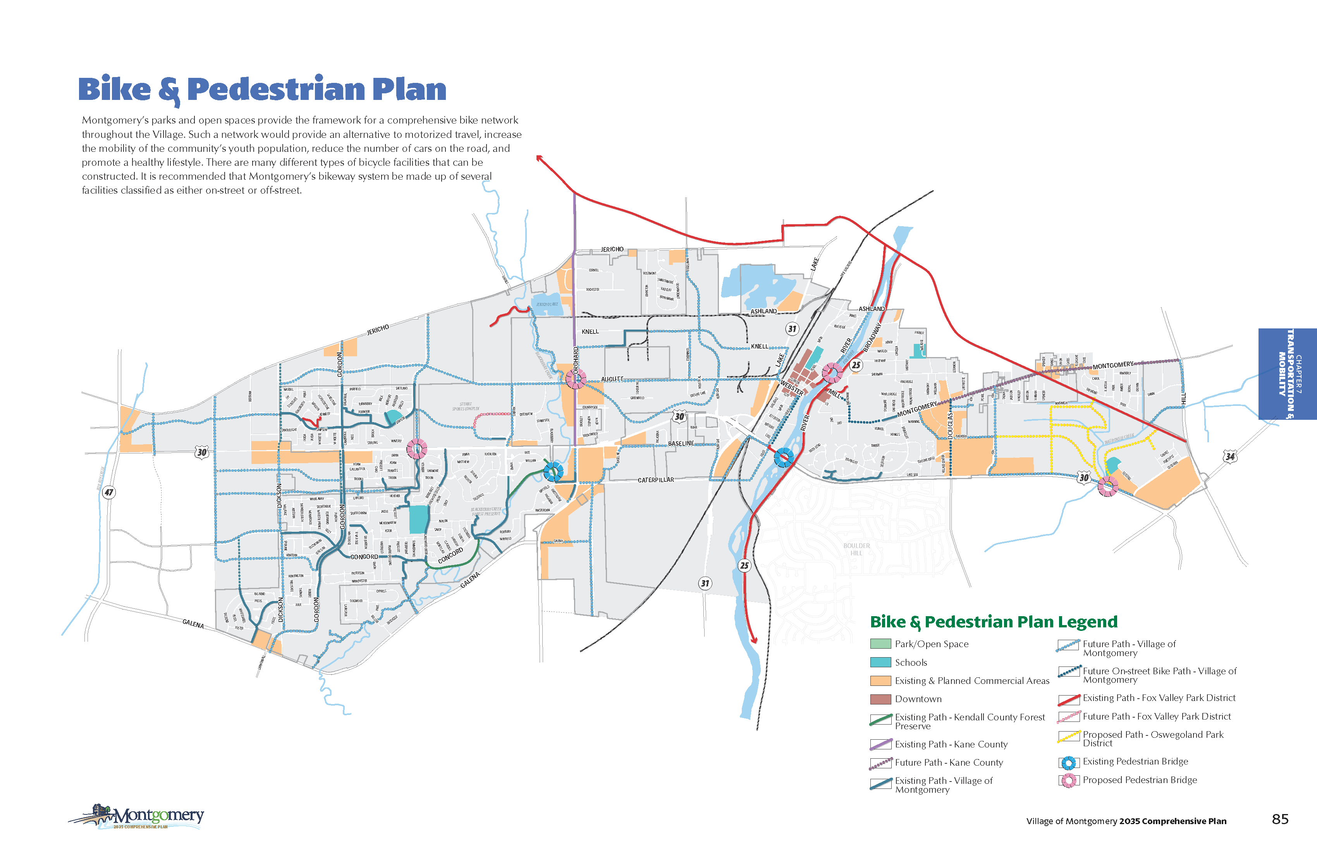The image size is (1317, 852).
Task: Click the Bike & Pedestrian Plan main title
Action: click(x=262, y=89)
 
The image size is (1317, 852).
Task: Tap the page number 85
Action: click(x=1280, y=819)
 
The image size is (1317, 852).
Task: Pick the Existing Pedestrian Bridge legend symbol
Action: click(x=1069, y=763)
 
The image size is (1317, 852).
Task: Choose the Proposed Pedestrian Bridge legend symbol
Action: click(x=1069, y=781)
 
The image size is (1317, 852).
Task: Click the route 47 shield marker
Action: click(x=109, y=492)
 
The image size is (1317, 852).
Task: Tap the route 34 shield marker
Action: click(x=1229, y=457)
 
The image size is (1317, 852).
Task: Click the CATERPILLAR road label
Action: click(x=656, y=480)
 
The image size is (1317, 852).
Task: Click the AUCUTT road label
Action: click(x=612, y=379)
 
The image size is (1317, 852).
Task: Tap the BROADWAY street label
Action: click(x=872, y=337)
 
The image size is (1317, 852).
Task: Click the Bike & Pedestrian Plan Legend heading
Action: click(x=993, y=622)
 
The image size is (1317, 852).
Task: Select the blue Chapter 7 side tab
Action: click(x=1287, y=374)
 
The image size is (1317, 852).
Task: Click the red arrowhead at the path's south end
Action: click(x=754, y=640)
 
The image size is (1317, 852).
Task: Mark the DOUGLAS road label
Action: click(x=950, y=426)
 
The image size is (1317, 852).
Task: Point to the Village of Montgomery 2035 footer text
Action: click(x=1126, y=821)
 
